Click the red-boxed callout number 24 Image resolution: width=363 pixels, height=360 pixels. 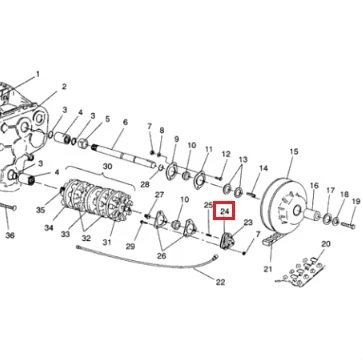225,211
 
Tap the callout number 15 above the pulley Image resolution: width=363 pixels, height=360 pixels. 294,152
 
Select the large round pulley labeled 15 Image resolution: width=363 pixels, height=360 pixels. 283,205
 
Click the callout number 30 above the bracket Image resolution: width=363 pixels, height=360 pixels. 107,166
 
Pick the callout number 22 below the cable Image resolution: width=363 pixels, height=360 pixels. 220,282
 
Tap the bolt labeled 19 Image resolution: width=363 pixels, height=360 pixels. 348,225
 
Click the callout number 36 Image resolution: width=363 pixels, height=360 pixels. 10,235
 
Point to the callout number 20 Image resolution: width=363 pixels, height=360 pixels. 326,244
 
